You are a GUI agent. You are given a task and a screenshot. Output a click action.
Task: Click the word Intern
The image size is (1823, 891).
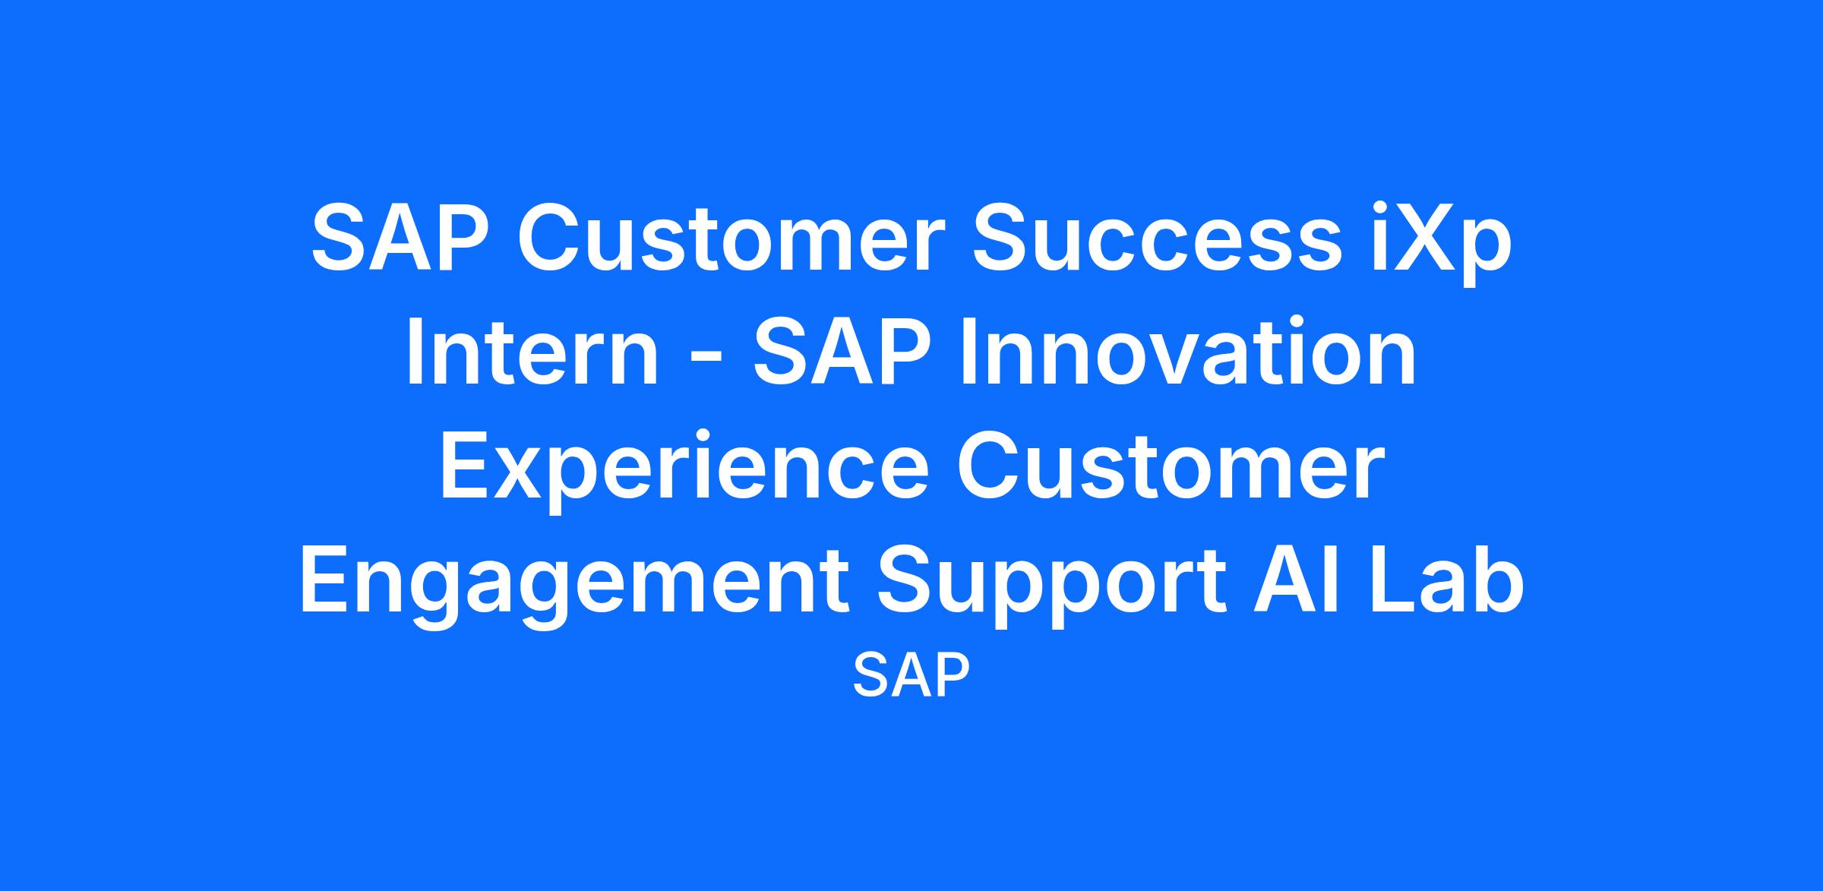(532, 351)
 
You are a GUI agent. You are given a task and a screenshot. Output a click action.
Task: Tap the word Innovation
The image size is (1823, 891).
(1189, 351)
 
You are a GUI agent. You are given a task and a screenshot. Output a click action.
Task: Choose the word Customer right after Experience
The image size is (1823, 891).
(1167, 465)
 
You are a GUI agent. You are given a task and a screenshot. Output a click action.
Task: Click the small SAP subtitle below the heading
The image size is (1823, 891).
(912, 676)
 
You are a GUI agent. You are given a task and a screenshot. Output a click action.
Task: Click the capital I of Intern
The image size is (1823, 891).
(417, 351)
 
